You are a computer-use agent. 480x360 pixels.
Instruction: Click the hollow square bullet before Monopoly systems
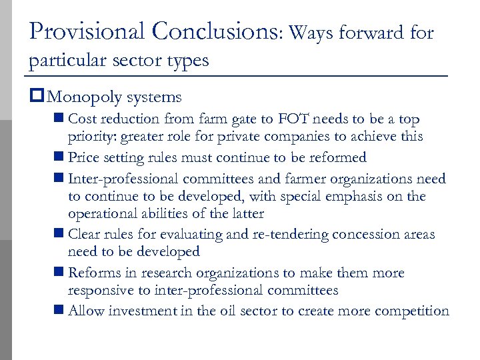coord(35,97)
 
